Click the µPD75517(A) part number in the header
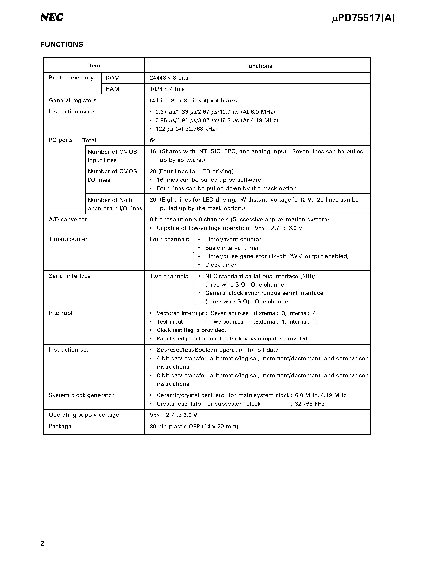363,18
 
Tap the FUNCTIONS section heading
62,45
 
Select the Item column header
94,66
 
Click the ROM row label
113,78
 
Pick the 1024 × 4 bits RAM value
167,89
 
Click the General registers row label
72,100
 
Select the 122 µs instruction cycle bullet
186,129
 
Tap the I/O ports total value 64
153,140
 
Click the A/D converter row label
68,219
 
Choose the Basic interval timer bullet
232,248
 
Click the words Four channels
169,239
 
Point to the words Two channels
169,276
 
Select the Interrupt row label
61,313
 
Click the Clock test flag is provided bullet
191,330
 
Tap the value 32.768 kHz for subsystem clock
309,404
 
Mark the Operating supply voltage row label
84,415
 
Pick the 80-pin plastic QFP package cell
194,426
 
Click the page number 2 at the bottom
42,543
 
